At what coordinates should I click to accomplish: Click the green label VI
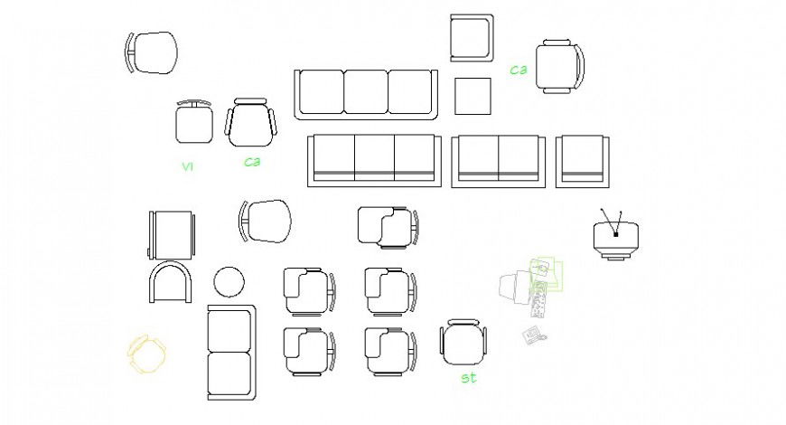click(187, 166)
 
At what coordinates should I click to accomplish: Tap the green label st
click(468, 378)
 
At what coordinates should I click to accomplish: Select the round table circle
click(229, 282)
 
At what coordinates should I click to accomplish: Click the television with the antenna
click(616, 239)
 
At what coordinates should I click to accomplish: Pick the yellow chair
click(146, 354)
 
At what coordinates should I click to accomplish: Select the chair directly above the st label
click(463, 344)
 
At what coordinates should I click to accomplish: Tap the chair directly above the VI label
click(193, 123)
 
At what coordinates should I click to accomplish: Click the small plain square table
click(473, 96)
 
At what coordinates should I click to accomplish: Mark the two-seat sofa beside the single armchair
click(499, 161)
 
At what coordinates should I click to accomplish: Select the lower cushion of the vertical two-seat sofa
click(229, 373)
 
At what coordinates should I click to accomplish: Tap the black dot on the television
click(616, 234)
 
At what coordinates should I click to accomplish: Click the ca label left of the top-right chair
click(518, 69)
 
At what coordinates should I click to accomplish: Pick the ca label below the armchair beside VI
click(252, 162)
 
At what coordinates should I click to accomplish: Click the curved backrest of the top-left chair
click(130, 52)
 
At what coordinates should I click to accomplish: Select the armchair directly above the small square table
click(472, 38)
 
